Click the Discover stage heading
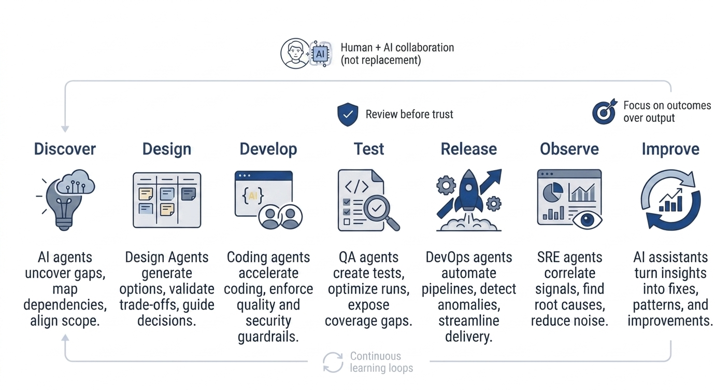click(x=65, y=149)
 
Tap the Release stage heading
click(x=468, y=149)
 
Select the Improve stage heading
click(x=670, y=149)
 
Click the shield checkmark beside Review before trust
click(x=348, y=115)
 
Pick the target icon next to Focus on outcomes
click(x=604, y=112)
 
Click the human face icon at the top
click(x=294, y=53)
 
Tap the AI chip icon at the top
click(x=320, y=53)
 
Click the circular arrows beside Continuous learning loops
click(x=333, y=362)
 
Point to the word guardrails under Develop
click(x=268, y=337)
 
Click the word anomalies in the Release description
click(x=468, y=305)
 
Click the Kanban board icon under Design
click(x=167, y=200)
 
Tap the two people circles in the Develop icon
click(x=280, y=217)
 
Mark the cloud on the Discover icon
click(x=76, y=183)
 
